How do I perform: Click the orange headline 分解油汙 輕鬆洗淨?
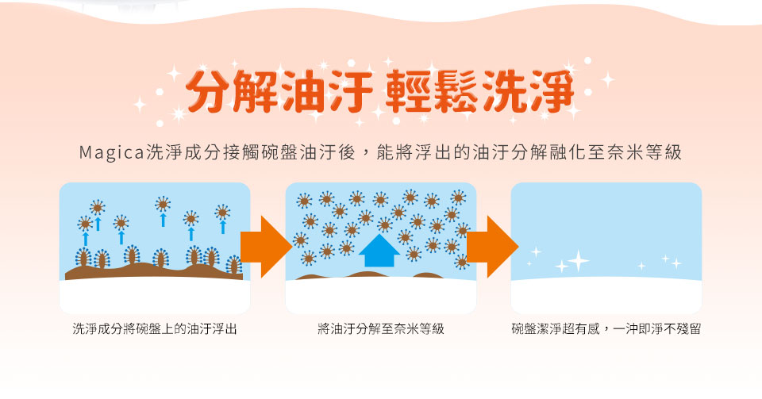[x=380, y=90]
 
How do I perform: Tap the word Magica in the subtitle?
[x=112, y=152]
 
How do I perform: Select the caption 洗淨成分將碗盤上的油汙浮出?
[x=155, y=328]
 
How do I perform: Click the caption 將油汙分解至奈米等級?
[x=380, y=328]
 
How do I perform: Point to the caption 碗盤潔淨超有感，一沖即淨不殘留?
[x=606, y=328]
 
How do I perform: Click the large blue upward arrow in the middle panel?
[x=379, y=251]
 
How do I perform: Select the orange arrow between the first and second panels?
[x=266, y=247]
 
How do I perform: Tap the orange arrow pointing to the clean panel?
[x=492, y=247]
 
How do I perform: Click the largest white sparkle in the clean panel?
[x=579, y=261]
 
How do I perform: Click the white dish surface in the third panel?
[x=606, y=296]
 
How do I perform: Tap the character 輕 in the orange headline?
[x=408, y=91]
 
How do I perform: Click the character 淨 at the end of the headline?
[x=552, y=91]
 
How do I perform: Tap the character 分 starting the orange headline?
[x=209, y=91]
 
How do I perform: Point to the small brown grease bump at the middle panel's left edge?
[x=308, y=277]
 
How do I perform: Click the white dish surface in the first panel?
[x=155, y=297]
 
